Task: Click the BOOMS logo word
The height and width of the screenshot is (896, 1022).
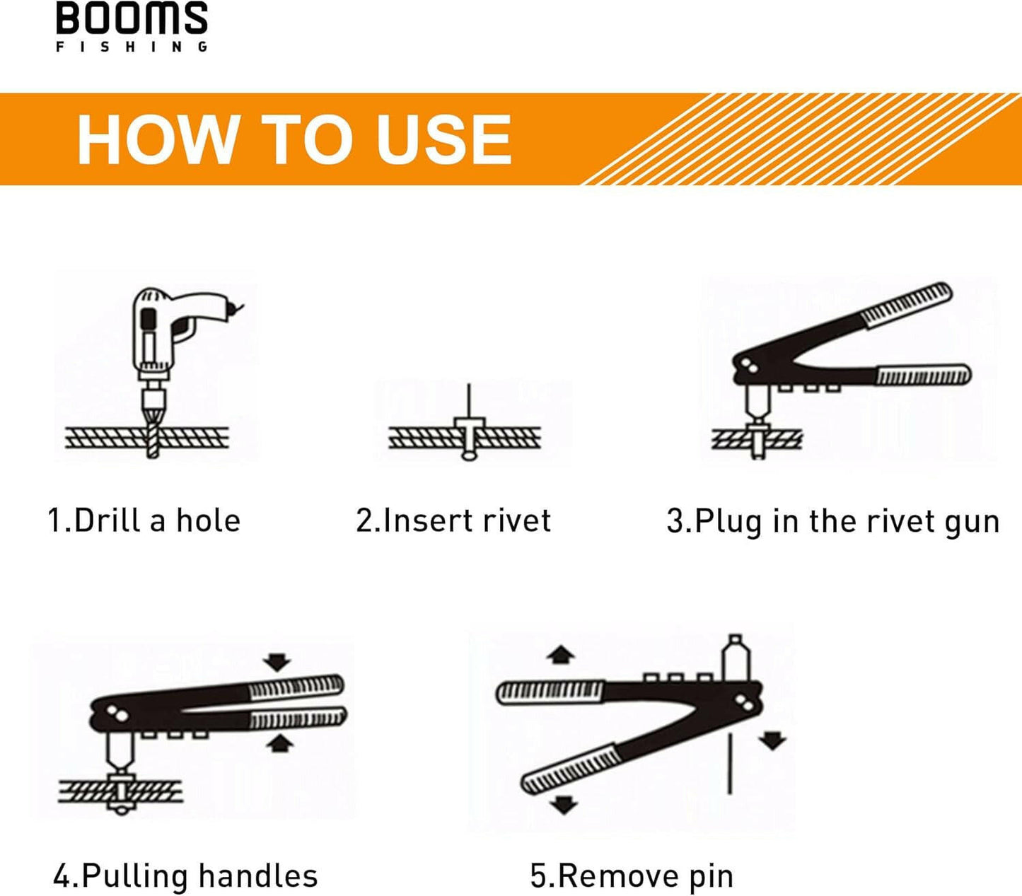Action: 132,18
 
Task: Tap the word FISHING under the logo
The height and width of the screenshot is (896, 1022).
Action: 132,47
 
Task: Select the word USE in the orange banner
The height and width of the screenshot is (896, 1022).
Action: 443,139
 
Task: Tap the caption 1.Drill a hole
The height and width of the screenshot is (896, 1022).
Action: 144,520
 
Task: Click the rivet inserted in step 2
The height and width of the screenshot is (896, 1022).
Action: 468,431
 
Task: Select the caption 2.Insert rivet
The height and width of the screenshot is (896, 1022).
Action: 453,520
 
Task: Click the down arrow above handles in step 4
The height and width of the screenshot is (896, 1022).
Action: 277,663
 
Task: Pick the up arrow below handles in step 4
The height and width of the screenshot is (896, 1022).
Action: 281,743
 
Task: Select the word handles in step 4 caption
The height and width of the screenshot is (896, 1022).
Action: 257,875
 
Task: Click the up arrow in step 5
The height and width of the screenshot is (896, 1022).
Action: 561,654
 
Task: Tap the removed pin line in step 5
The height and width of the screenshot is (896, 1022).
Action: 729,764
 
